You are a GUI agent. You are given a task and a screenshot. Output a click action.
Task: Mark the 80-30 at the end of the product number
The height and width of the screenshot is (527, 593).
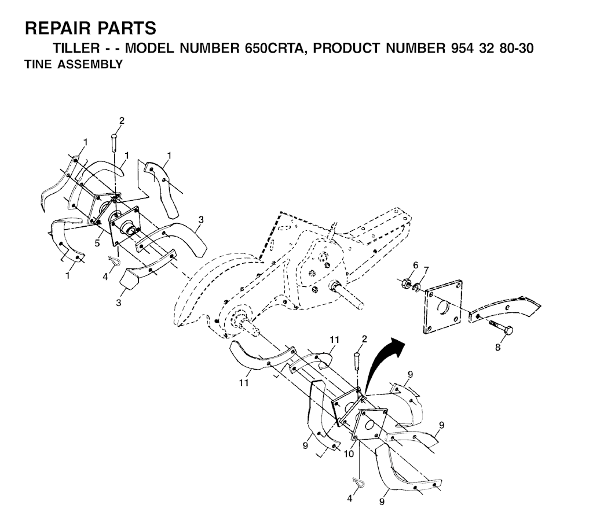(x=516, y=48)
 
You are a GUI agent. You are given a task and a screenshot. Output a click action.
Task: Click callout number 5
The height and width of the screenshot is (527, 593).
(x=97, y=243)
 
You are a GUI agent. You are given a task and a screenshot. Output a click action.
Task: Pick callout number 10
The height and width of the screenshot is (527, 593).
(x=348, y=454)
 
